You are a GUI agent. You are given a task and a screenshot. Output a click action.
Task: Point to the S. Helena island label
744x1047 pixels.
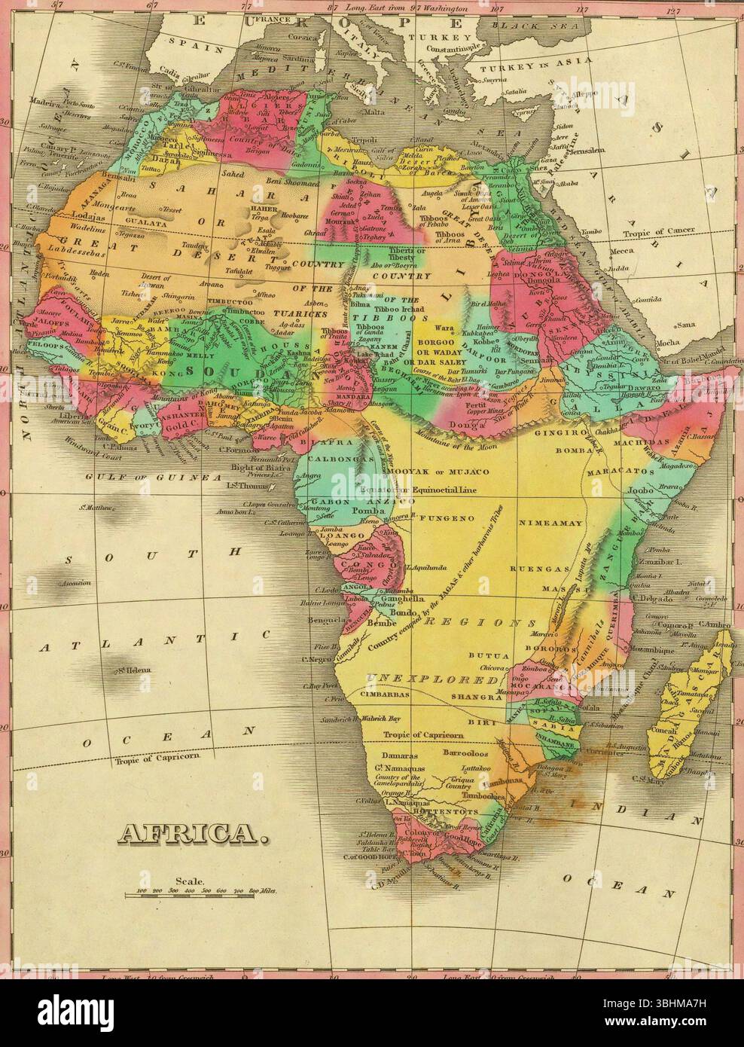[x=134, y=670]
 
